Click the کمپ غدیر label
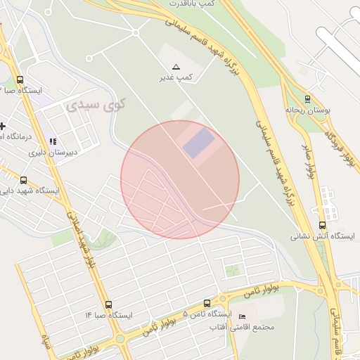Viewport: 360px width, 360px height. (x=176, y=77)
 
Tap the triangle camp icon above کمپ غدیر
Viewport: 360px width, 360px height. (x=176, y=66)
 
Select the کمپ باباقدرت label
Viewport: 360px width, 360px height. (x=188, y=4)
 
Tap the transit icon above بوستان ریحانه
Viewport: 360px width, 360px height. (x=307, y=98)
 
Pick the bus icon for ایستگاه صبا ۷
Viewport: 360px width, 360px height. (x=20, y=80)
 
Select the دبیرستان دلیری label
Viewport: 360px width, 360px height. (x=52, y=151)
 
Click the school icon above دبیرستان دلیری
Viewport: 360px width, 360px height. (x=52, y=141)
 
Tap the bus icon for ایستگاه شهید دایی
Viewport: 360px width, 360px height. (x=24, y=181)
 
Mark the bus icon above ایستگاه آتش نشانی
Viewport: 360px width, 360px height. (x=323, y=226)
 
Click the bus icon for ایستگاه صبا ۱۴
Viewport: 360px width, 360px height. (x=108, y=304)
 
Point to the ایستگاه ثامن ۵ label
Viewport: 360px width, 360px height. (x=206, y=314)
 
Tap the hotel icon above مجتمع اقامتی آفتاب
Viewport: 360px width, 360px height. (x=243, y=316)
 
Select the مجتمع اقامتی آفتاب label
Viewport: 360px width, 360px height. (x=243, y=327)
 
